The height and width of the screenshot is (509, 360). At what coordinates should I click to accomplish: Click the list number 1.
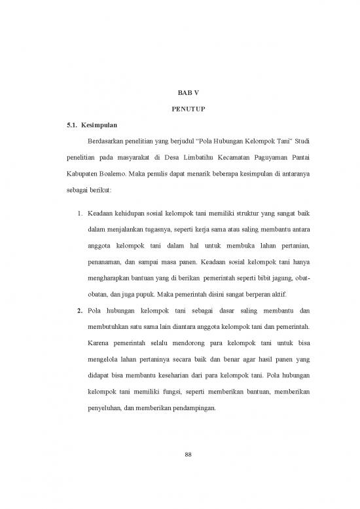coord(79,214)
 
